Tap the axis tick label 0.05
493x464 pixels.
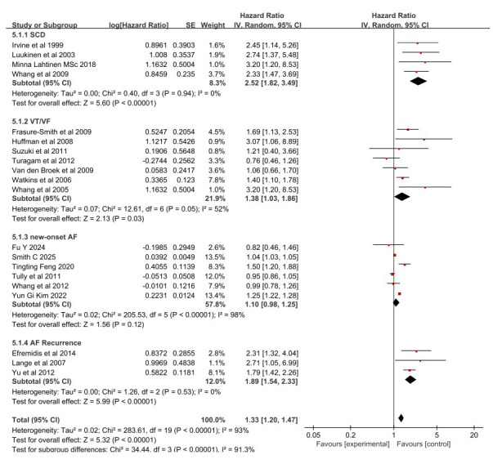[x=312, y=436]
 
